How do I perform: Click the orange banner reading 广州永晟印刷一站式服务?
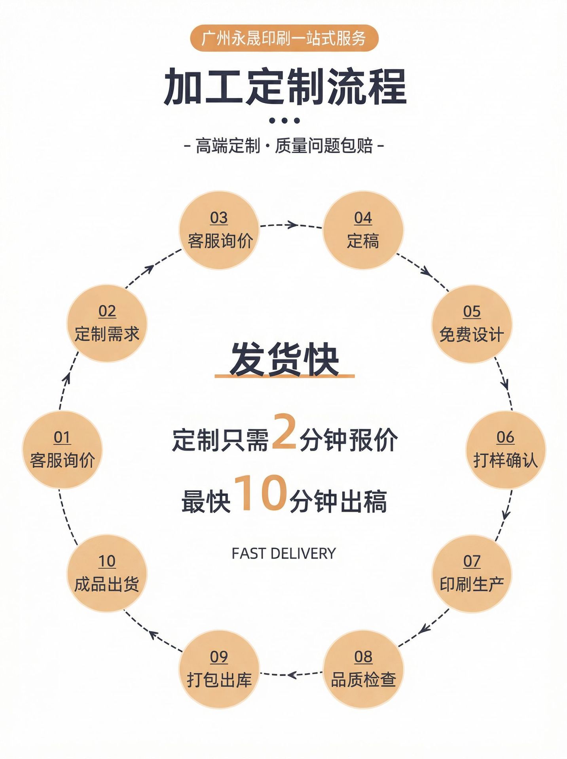click(284, 38)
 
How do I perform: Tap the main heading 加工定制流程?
click(285, 87)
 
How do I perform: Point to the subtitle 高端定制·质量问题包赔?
click(284, 146)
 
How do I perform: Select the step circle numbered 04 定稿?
click(363, 230)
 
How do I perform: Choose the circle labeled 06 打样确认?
click(506, 450)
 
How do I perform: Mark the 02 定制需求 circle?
click(107, 323)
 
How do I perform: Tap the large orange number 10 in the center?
click(261, 493)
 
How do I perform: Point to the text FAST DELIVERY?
click(284, 553)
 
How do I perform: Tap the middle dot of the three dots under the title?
click(284, 121)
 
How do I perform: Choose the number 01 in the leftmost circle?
click(62, 437)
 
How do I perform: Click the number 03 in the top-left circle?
click(219, 218)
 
